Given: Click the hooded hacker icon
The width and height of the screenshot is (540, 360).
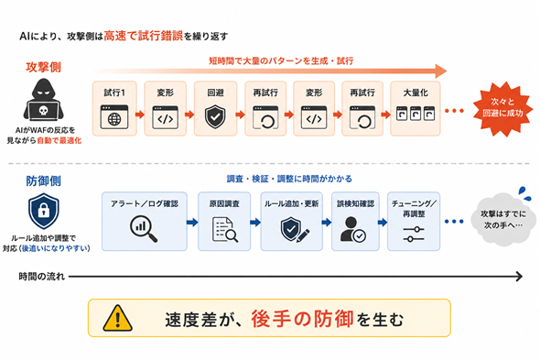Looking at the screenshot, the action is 43,99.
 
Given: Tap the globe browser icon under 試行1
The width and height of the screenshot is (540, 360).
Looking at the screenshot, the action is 114,117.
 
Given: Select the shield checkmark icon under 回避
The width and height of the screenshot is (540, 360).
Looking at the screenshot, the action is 215,117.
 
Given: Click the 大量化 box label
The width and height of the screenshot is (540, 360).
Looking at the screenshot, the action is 416,93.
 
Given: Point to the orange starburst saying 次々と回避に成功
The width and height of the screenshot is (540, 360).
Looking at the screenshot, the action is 502,108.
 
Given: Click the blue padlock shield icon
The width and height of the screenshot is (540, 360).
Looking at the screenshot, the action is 43,211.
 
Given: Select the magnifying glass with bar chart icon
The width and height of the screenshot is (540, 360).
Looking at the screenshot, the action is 144,228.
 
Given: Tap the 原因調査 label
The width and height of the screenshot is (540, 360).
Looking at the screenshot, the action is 224,203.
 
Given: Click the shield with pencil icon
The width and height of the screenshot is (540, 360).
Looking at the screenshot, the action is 295,229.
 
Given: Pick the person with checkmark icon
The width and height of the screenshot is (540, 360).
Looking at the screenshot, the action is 353,229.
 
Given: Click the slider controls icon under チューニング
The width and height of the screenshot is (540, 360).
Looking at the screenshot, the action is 414,235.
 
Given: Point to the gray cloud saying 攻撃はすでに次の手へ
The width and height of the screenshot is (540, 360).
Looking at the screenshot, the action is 503,219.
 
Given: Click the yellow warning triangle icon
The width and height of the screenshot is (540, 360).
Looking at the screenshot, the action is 118,318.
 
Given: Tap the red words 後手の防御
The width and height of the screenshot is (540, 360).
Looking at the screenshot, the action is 302,319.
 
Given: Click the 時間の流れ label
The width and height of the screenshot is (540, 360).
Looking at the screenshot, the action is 42,277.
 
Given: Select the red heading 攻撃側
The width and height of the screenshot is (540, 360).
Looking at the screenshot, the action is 43,67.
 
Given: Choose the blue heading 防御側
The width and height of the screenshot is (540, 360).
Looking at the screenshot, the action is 43,181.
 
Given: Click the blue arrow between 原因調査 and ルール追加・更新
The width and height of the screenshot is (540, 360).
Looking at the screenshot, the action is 255,222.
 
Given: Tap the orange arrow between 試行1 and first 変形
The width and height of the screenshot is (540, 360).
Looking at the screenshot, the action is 140,115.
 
